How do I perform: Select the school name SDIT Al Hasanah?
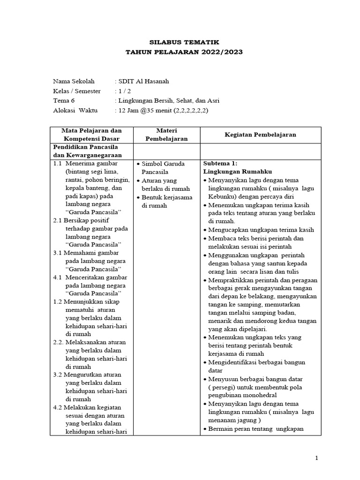point(144,81)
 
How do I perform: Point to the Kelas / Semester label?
point(76,91)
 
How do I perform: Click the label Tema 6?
point(63,101)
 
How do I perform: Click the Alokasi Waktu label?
point(75,111)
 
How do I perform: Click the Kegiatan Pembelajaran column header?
point(260,134)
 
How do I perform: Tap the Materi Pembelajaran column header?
point(167,134)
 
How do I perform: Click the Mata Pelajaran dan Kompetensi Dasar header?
point(92,134)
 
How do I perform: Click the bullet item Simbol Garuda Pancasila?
point(163,168)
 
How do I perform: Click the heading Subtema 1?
point(221,164)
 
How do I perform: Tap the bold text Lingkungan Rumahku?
point(238,172)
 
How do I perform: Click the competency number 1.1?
point(58,164)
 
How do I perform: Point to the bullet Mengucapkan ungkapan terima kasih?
point(267,230)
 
